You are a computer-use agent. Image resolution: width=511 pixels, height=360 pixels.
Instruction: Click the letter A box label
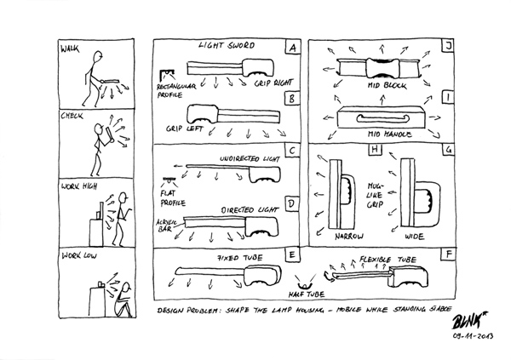293,48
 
